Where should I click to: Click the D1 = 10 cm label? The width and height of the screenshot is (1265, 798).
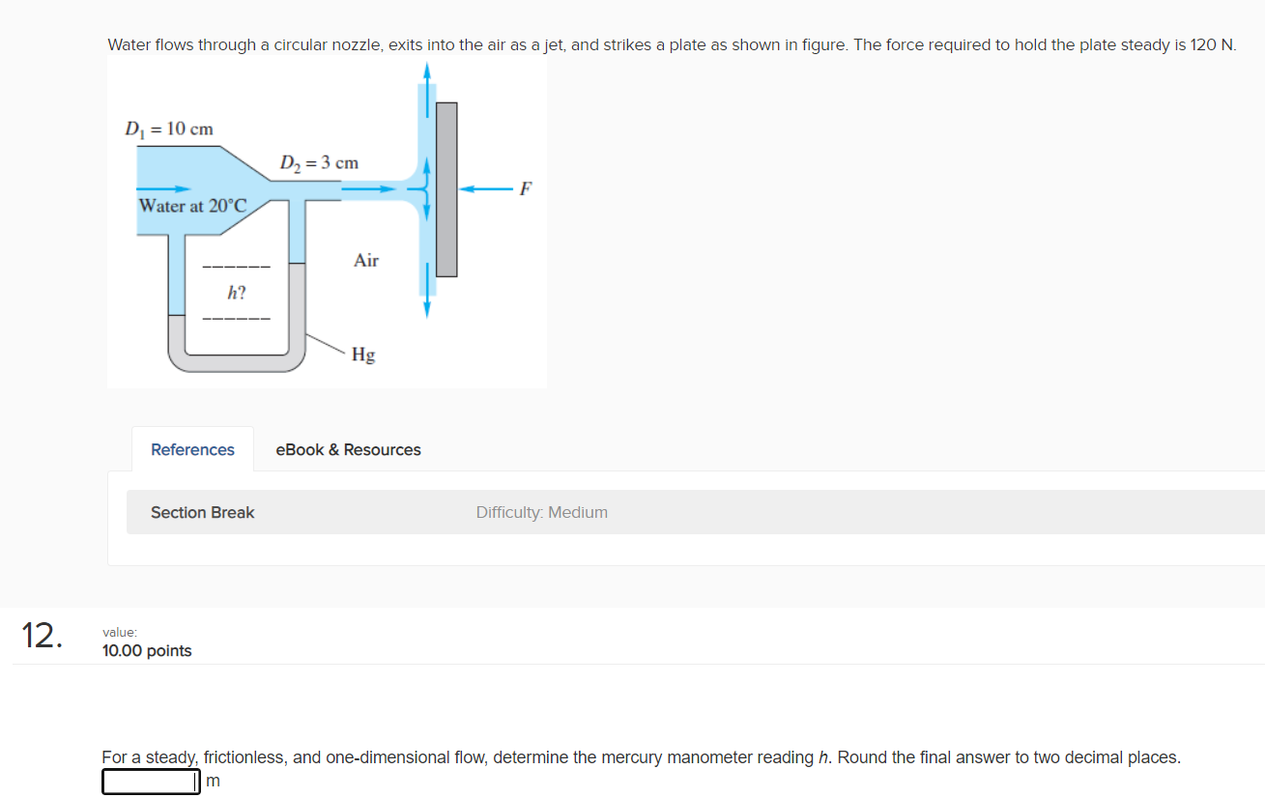click(169, 128)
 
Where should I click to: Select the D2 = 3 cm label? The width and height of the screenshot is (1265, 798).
click(319, 162)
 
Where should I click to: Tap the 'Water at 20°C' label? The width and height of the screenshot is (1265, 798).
click(193, 206)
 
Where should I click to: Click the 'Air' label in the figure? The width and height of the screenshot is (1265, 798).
click(366, 260)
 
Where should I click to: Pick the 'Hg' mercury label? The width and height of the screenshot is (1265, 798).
click(363, 355)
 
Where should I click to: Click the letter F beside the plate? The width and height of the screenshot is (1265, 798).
click(525, 188)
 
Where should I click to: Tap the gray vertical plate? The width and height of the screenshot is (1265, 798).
click(446, 188)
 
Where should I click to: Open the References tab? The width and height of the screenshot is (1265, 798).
click(192, 449)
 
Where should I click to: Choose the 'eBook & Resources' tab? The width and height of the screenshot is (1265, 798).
click(348, 449)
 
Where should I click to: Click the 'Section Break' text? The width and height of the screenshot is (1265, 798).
click(202, 512)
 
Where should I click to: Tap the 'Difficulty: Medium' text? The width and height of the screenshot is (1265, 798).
click(541, 512)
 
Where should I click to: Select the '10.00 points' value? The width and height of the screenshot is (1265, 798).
click(147, 651)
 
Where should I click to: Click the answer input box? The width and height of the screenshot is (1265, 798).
click(151, 781)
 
